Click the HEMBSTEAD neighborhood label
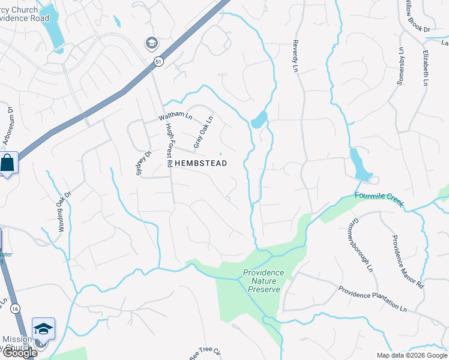[200, 163]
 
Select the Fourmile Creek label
[379, 198]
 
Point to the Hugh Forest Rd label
[170, 145]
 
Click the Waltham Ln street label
[175, 116]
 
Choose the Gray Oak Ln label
[203, 133]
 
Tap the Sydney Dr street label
[142, 163]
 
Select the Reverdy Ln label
[295, 57]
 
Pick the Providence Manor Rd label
[408, 262]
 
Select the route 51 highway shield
[158, 61]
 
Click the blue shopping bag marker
[8, 162]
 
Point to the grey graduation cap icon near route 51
[151, 43]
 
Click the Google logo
[19, 353]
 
